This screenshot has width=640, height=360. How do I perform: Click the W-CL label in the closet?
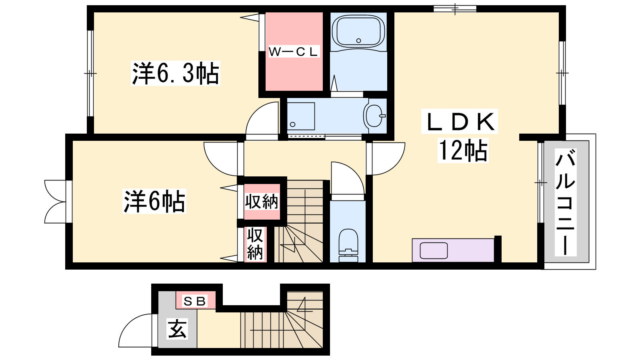coord(294,52)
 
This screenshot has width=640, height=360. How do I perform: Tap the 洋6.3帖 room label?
coord(176,73)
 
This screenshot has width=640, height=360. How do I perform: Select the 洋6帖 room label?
coord(154,201)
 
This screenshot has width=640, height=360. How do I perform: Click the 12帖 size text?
coord(463,150)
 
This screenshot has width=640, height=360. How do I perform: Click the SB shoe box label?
coord(195,301)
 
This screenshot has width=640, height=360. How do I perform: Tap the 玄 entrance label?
coord(178,329)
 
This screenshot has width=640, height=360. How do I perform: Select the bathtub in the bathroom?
coord(358,32)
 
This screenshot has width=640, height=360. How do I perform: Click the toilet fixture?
coord(348,246)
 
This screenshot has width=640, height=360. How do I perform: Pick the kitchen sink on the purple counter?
coord(434,250)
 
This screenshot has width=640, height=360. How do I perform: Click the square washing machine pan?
coord(301,116)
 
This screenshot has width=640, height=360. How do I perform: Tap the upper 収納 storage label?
coord(262,202)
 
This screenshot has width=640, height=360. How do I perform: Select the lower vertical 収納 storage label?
coord(255,244)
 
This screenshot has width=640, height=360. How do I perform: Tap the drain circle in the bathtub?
coord(358,40)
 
